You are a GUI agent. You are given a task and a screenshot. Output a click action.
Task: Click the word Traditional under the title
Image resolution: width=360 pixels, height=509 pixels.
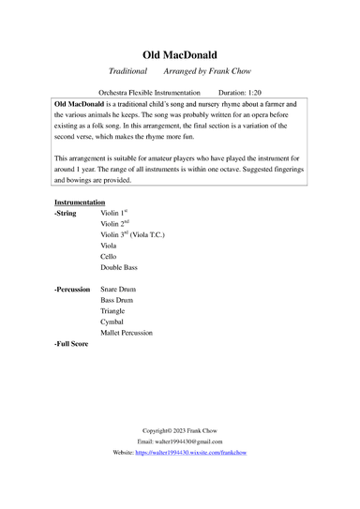pos(127,71)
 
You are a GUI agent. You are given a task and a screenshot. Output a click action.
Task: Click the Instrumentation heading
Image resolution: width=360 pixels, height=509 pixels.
pos(80,202)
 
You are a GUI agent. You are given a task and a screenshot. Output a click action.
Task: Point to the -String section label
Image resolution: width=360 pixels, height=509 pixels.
pos(68,215)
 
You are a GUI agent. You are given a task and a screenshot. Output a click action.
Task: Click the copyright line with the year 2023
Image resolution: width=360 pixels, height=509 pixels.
pos(179,430)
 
